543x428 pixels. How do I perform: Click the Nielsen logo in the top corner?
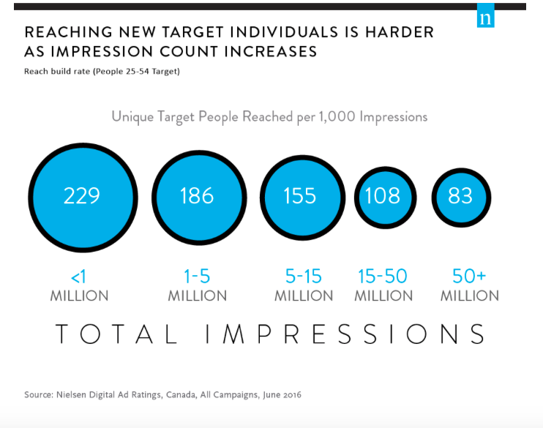tap(485, 18)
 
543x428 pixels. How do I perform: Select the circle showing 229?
tap(82, 195)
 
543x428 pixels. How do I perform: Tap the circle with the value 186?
tap(197, 195)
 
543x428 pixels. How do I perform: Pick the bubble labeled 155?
tap(300, 196)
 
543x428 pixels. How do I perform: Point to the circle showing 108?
tap(383, 196)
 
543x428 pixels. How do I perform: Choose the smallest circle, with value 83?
tap(460, 196)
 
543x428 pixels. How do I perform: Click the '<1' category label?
tap(79, 277)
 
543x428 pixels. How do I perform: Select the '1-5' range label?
tap(198, 277)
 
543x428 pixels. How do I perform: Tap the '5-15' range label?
tap(303, 277)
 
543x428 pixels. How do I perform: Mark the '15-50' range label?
tap(383, 277)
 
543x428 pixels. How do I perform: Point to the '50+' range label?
tap(470, 277)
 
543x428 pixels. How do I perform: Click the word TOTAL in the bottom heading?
tap(117, 334)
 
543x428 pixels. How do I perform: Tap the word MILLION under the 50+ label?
tap(470, 296)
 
